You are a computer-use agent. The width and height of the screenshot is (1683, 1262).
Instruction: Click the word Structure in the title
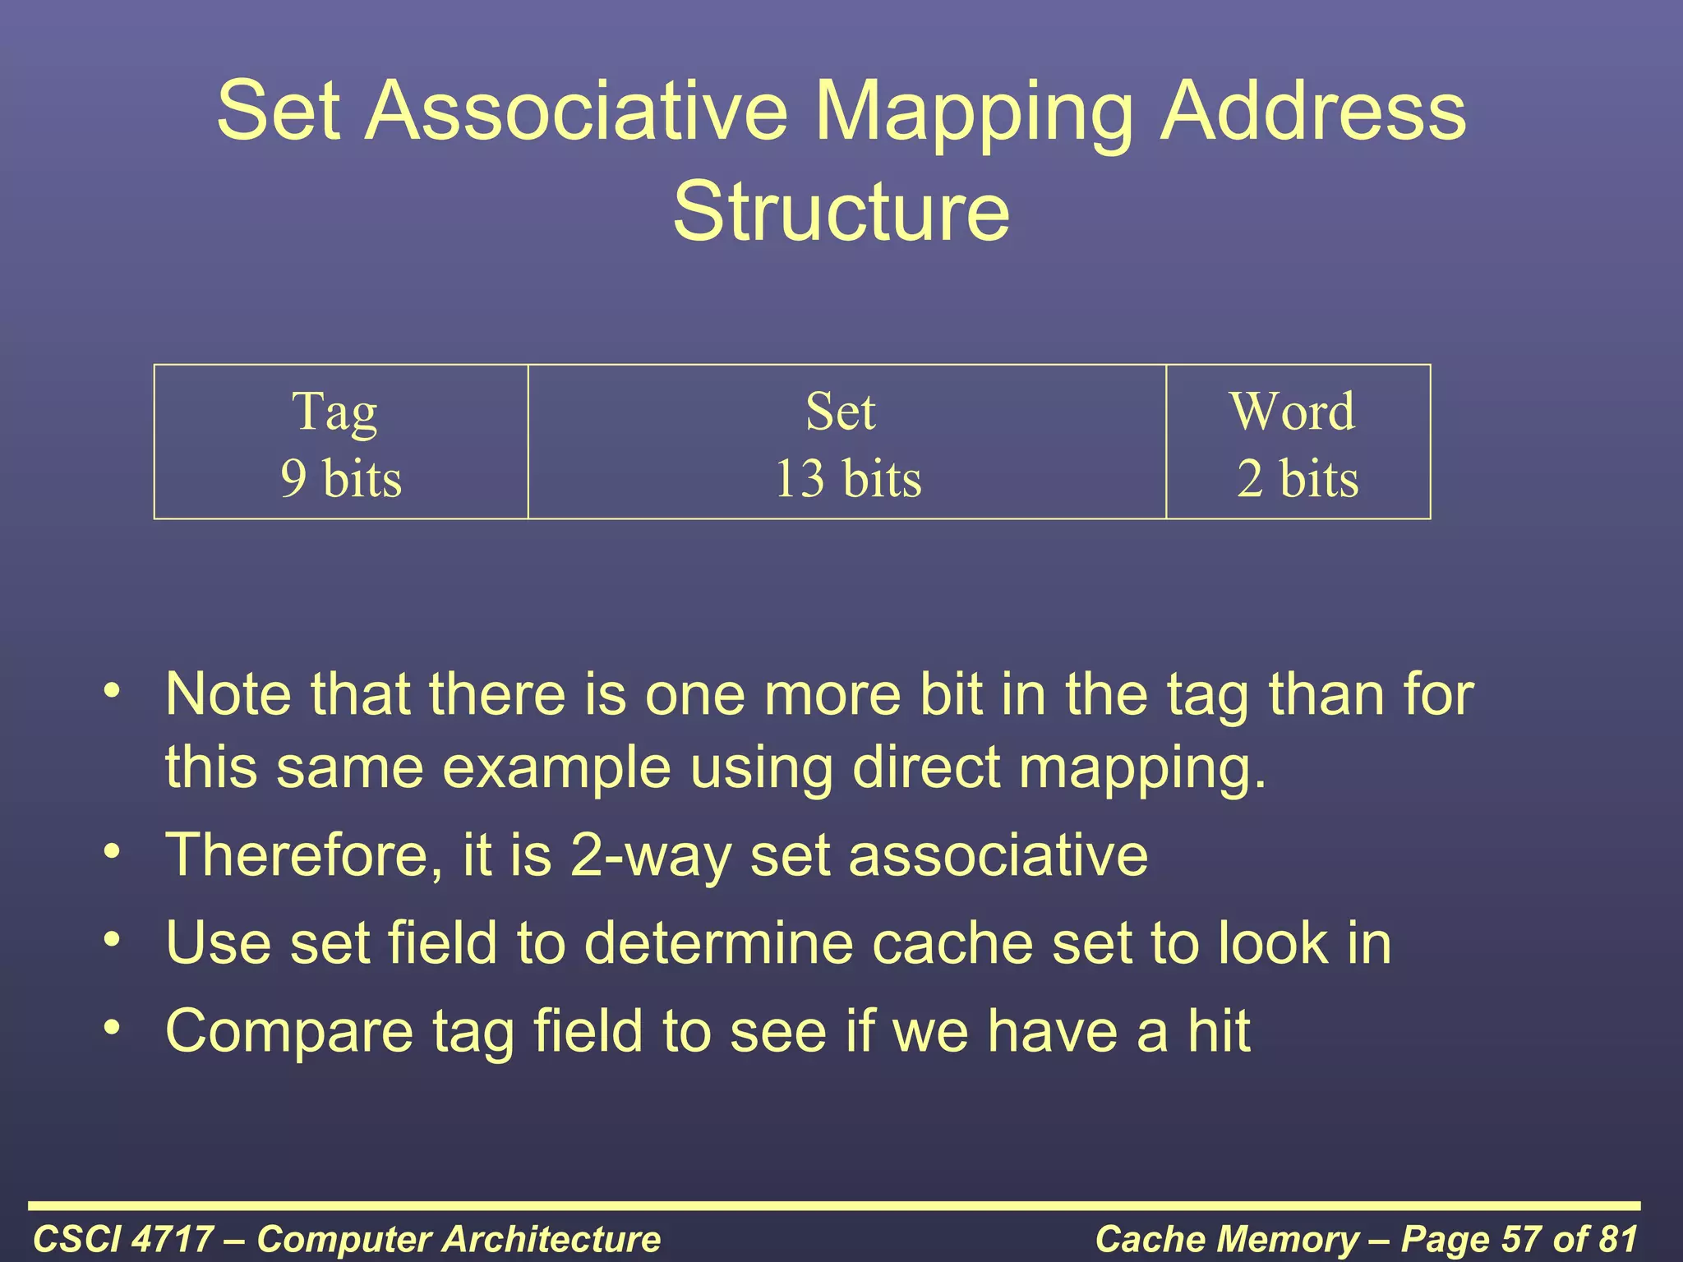(841, 212)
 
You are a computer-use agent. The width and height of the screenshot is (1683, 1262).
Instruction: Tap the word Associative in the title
(576, 111)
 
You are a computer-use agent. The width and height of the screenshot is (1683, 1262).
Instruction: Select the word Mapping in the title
(975, 111)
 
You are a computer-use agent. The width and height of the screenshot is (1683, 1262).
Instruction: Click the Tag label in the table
(335, 412)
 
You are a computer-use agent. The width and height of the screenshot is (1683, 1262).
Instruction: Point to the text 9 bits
(341, 478)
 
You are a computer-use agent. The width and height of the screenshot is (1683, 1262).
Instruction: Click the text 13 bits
(848, 478)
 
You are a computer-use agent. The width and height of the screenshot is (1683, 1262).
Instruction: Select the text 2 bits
(1298, 478)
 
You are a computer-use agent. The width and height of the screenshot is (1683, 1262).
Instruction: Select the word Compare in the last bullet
(289, 1031)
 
